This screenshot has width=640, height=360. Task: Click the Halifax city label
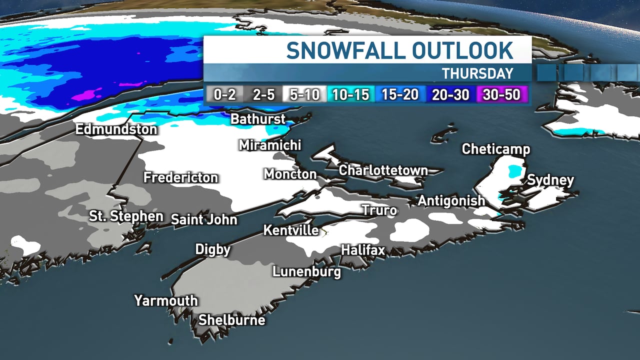(x=362, y=249)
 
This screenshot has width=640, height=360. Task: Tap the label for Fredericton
(x=180, y=177)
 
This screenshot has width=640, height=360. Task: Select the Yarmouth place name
(x=165, y=300)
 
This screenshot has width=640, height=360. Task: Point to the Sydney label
(x=550, y=180)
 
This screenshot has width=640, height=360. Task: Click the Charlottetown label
(x=383, y=170)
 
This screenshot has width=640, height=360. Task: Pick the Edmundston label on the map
(x=116, y=129)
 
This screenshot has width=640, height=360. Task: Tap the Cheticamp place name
(x=495, y=149)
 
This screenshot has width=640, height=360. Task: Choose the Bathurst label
(x=258, y=119)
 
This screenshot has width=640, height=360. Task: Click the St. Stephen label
(x=126, y=216)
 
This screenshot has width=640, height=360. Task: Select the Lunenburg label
(x=306, y=271)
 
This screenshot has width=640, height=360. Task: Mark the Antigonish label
(x=451, y=200)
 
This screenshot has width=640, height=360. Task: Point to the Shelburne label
(x=231, y=320)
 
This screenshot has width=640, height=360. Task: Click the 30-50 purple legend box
(x=501, y=94)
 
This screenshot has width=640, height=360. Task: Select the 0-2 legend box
(x=224, y=94)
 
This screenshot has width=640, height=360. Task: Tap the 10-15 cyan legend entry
(x=350, y=94)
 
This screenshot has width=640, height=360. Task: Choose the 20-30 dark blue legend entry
(x=450, y=94)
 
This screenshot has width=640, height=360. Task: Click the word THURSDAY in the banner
(x=477, y=73)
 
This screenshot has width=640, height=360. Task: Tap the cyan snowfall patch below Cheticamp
(x=512, y=171)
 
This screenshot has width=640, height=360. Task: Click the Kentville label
(x=290, y=230)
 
